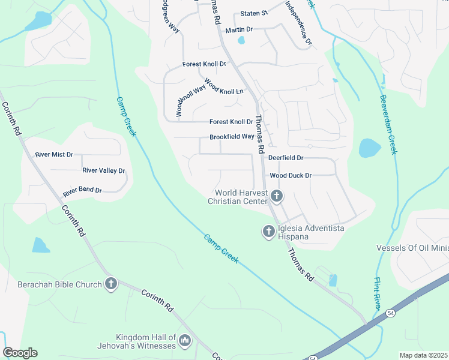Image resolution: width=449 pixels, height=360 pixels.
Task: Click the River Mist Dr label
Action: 54,155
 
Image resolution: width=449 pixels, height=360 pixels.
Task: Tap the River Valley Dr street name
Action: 103,171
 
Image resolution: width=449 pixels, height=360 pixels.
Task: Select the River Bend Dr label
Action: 82,191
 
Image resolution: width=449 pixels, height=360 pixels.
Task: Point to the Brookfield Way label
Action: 232,137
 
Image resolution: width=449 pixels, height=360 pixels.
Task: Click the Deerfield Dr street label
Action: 286,158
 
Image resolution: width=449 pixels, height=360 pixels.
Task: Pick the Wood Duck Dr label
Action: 291,176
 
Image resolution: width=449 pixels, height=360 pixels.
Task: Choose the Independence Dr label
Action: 298,23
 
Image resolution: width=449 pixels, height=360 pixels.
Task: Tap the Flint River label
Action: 378,293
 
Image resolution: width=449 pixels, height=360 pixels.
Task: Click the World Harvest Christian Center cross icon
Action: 277,196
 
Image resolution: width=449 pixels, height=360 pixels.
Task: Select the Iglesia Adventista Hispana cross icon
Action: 268,230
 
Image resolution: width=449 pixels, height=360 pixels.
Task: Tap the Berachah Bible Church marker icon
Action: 110,284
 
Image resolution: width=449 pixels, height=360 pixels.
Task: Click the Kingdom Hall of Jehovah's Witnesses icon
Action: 185,341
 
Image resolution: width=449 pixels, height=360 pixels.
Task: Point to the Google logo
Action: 20,353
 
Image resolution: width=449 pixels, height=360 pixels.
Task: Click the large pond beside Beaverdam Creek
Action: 369,148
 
